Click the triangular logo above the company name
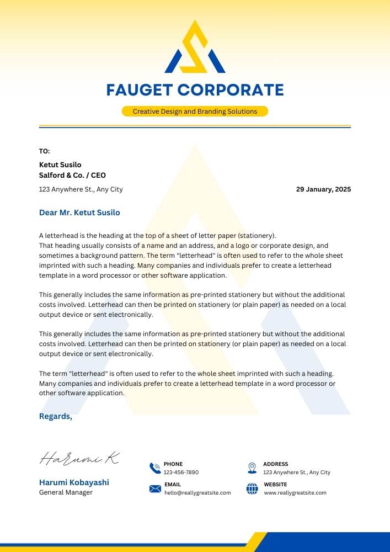tap(195, 49)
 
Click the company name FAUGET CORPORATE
tap(195, 90)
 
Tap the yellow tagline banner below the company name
tap(195, 112)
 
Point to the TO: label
tap(44, 151)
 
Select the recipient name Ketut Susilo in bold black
tap(60, 164)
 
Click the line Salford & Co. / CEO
tap(72, 176)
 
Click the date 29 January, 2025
tap(323, 189)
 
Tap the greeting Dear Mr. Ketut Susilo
tap(79, 213)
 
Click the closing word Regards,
tap(56, 416)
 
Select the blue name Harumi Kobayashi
tap(74, 482)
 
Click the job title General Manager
tap(66, 492)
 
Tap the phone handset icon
tap(155, 469)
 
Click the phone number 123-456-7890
tap(181, 473)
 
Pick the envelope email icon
tap(155, 489)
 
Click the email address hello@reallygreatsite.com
tap(197, 493)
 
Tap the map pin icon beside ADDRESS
tap(252, 468)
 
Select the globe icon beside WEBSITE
tap(252, 489)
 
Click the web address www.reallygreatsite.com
tap(295, 493)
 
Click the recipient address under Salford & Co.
tap(81, 189)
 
